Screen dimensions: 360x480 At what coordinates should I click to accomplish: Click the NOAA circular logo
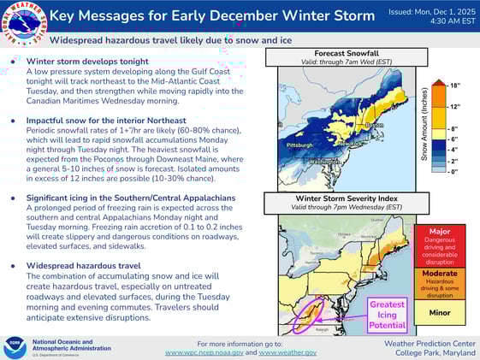coord(14,345)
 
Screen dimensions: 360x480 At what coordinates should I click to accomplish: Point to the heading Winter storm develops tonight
coord(87,62)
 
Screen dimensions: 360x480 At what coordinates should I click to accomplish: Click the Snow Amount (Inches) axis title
coord(424,128)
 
